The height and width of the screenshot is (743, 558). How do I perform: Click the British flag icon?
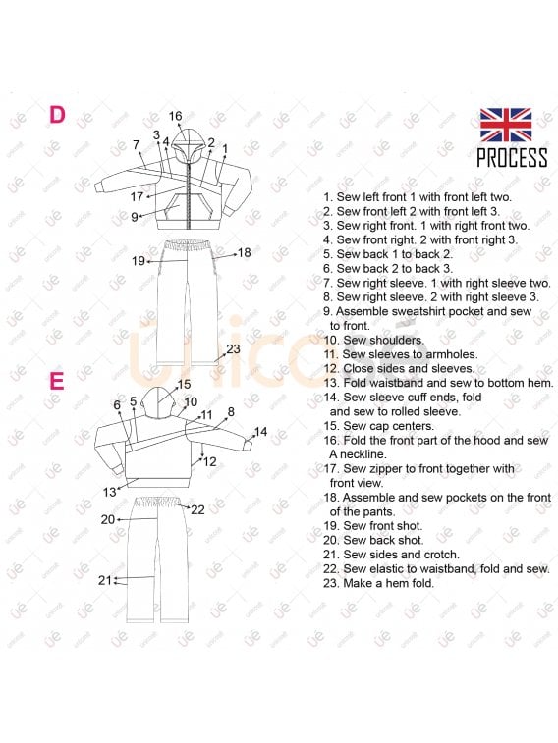point(506,125)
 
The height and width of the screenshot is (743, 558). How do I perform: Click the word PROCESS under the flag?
point(512,158)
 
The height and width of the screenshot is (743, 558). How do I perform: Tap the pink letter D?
point(57,115)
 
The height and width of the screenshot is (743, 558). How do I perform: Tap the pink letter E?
point(57,381)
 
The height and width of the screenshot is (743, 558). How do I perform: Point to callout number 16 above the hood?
point(176,116)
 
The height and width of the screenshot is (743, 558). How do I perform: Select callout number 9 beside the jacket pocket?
point(135,217)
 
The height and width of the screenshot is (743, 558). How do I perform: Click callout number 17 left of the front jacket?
point(137,196)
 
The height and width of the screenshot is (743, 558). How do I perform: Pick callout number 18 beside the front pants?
point(245,252)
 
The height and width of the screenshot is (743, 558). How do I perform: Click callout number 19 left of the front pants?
point(139,261)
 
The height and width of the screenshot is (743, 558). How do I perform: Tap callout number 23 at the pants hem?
point(233,349)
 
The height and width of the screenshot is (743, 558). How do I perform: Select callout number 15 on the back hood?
point(184,385)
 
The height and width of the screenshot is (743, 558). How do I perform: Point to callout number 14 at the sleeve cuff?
point(260,432)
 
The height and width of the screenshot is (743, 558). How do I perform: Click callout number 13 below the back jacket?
point(109,493)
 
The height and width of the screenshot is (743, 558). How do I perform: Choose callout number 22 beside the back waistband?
point(197,509)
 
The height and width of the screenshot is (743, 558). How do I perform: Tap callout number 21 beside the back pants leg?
point(105,580)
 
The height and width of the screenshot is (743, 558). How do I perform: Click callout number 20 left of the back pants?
point(108,520)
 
